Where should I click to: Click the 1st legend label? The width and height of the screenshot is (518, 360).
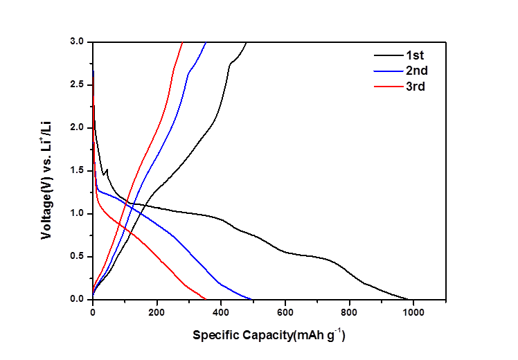click(415, 55)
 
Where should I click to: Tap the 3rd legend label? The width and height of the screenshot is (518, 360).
click(416, 87)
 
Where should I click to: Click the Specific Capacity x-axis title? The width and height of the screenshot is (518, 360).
click(269, 336)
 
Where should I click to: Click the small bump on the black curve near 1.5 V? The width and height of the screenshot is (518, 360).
click(106, 170)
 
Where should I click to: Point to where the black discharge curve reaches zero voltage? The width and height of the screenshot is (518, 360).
click(409, 299)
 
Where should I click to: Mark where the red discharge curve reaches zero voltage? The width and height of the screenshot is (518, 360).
click(206, 299)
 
